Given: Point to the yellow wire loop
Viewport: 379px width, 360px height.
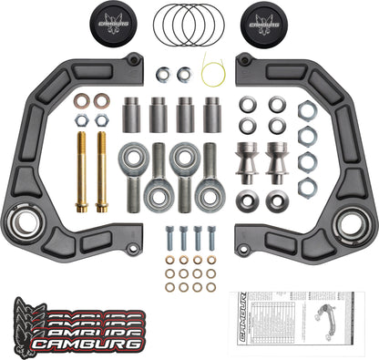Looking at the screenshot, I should click(213, 67).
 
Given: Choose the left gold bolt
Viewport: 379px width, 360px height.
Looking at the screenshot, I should click(80, 170).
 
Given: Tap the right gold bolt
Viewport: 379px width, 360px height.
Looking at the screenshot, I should click(101, 170).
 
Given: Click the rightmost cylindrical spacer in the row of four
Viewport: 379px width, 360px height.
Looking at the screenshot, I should click(212, 115).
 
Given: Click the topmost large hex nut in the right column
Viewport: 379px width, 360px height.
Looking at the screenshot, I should click(308, 111).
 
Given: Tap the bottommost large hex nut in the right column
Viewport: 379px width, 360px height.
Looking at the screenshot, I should click(308, 188).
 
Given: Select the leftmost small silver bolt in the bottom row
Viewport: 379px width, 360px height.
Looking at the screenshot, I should click(169, 238).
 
